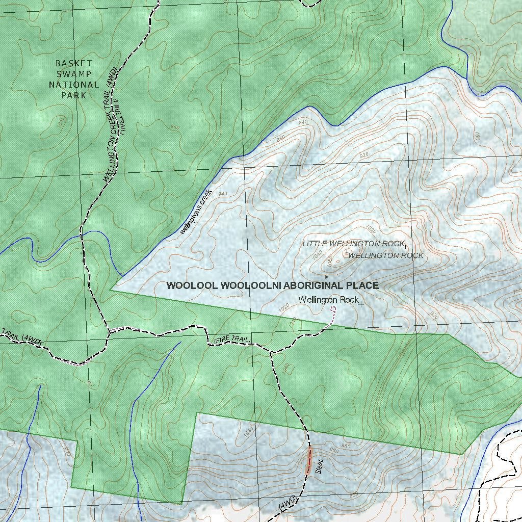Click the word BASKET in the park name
coord(74,63)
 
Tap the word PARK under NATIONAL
coord(74,95)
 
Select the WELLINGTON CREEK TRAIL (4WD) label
coord(110,125)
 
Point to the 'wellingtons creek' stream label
coord(196,212)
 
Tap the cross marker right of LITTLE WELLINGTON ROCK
coord(406,247)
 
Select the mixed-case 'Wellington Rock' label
coord(328,300)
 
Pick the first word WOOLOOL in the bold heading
coord(192,285)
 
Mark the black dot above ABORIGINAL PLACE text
coord(326,277)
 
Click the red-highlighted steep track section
coord(309,461)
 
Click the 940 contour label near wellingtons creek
coord(222,194)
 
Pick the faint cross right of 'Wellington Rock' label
coord(361,304)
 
